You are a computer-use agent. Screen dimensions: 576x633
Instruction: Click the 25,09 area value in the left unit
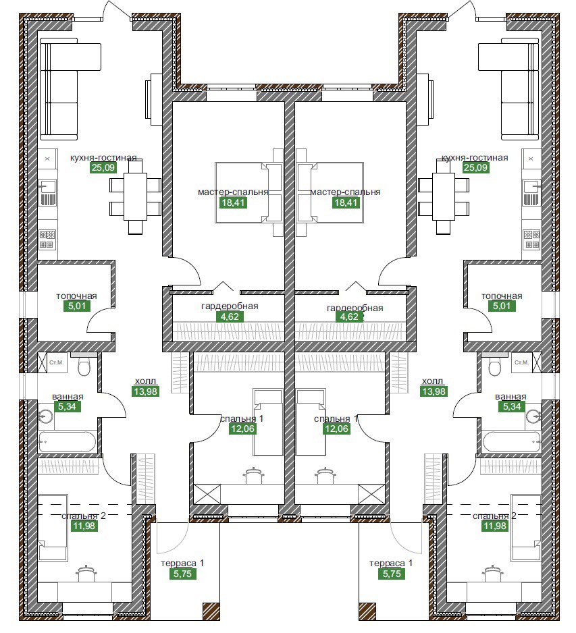pos(103,167)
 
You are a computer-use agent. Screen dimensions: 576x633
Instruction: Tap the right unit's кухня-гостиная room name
pos(475,157)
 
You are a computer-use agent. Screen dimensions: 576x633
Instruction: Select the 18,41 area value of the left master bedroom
pos(233,202)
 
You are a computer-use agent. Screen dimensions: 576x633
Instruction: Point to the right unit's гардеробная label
pos(355,308)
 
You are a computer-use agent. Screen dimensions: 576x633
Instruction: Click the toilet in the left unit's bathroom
pos(84,365)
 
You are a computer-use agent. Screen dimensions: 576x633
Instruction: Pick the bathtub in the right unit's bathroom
pos(511,442)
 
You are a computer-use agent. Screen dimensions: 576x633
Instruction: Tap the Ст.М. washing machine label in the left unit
pos(57,362)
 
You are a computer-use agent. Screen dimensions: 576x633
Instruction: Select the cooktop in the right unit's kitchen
pos(531,239)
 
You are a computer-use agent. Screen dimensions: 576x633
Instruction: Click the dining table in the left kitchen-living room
pos(135,196)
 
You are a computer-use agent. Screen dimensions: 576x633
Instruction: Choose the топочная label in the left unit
pos(76,296)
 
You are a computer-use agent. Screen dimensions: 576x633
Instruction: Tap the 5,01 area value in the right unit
pos(502,306)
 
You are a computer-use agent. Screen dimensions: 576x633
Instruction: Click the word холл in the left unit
pos(145,381)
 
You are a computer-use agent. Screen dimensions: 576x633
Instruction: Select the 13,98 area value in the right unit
pos(434,391)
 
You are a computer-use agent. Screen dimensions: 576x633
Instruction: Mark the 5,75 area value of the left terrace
pos(182,573)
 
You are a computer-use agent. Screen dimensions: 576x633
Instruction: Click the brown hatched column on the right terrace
pos(367,611)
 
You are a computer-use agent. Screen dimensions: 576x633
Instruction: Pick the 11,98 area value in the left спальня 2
pos(84,526)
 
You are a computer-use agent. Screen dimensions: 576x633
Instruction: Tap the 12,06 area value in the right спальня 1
pos(336,429)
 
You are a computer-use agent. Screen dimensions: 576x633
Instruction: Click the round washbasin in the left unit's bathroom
pos(46,416)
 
